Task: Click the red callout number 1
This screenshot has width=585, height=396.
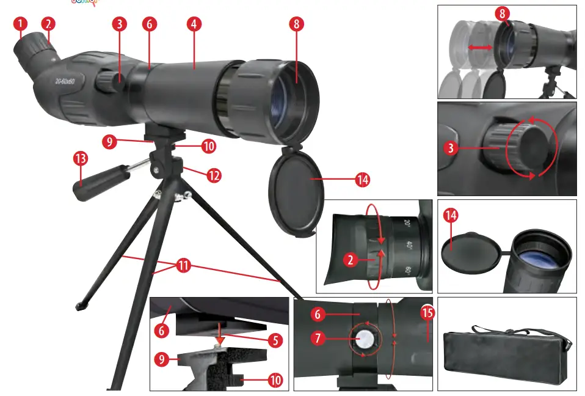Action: coord(21,24)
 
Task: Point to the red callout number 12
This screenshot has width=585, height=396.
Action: coord(213,175)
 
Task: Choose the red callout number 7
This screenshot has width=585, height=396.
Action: coord(316,337)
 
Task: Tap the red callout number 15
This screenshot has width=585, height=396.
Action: coord(428,313)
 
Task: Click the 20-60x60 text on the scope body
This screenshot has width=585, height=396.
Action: coord(65,81)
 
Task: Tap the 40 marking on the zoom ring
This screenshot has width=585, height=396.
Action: coord(409,245)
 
